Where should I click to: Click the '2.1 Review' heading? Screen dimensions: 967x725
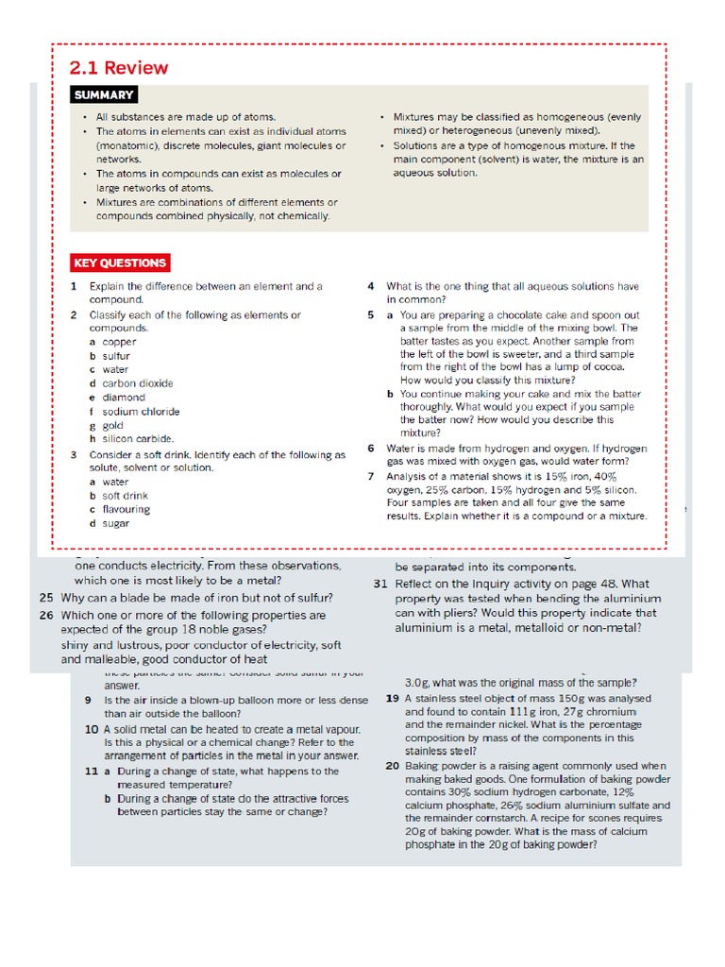point(119,68)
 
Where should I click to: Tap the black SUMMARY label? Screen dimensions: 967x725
point(104,94)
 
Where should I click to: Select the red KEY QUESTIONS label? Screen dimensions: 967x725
point(120,263)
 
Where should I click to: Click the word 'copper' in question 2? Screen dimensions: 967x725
point(120,342)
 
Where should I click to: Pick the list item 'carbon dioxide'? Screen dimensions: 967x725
point(138,383)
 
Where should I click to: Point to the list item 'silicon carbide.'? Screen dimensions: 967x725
point(138,438)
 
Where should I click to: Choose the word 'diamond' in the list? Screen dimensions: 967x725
point(124,398)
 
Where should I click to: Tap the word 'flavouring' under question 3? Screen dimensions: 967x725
point(126,509)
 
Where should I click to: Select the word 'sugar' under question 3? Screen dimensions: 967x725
point(116,522)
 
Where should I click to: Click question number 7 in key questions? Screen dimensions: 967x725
point(371,475)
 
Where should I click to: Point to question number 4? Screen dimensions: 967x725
point(371,286)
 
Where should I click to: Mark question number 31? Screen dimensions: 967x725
point(380,584)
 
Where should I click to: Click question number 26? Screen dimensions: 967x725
point(46,615)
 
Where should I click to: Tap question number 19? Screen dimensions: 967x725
point(392,698)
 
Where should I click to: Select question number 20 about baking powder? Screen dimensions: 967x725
point(392,765)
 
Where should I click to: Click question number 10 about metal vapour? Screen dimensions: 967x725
point(92,730)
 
